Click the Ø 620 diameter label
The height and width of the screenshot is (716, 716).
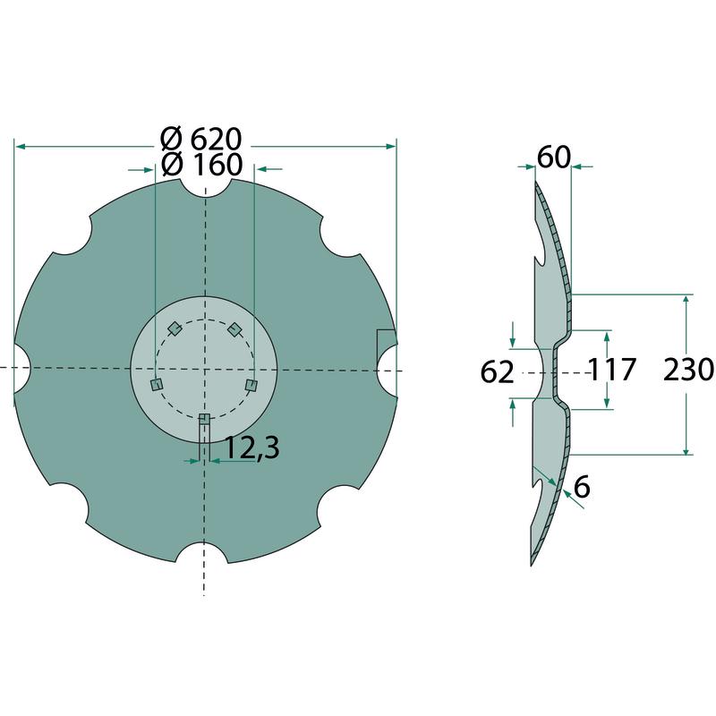click(200, 139)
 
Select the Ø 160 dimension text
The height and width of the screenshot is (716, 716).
click(202, 165)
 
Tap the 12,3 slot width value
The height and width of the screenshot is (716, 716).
click(252, 448)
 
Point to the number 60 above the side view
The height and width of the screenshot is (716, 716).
click(553, 158)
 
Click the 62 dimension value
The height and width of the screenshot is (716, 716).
click(497, 372)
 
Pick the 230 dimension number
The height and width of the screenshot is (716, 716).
click(688, 370)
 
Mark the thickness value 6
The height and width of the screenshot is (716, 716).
click(582, 487)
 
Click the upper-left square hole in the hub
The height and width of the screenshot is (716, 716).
click(175, 328)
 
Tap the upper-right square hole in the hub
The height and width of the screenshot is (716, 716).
click(234, 328)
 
